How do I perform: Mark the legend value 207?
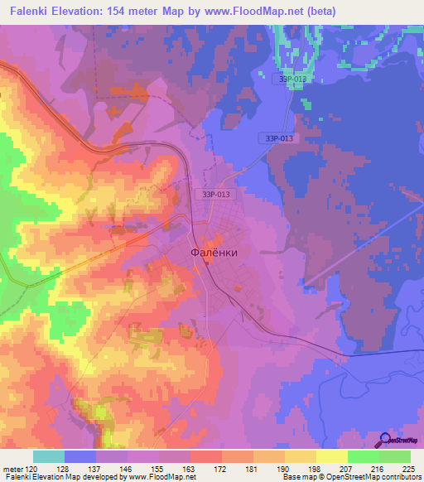[347, 468]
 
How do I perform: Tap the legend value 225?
[409, 468]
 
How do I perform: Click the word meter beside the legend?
[12, 468]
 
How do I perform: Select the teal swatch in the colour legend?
[48, 456]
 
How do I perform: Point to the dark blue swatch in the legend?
[80, 456]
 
